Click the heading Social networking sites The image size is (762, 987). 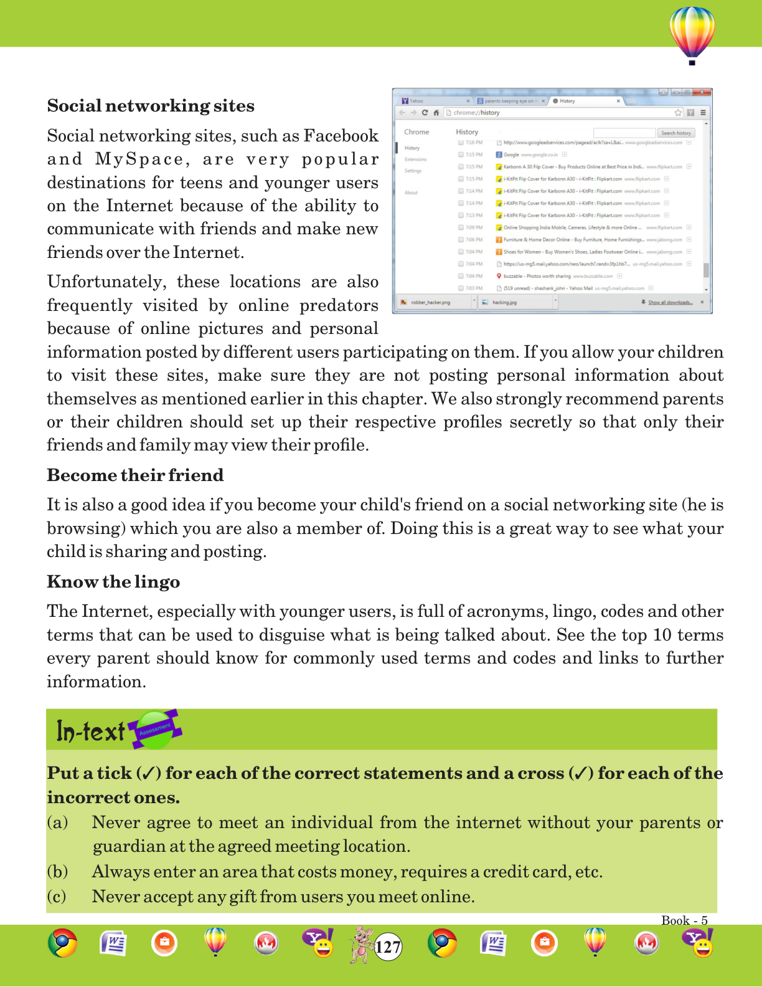point(151,106)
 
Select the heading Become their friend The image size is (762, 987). point(135,475)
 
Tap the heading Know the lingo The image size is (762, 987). point(113,582)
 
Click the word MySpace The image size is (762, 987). point(139,160)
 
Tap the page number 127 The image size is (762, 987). point(388,947)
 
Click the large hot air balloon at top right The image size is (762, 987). point(692,34)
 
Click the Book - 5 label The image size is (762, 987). point(684,920)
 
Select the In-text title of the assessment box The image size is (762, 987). point(90,731)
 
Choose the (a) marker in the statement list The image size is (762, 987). point(57,822)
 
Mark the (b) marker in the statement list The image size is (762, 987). point(57,872)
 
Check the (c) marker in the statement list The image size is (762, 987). point(57,897)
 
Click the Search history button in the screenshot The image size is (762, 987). point(675,133)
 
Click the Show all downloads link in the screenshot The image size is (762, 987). point(670,302)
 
